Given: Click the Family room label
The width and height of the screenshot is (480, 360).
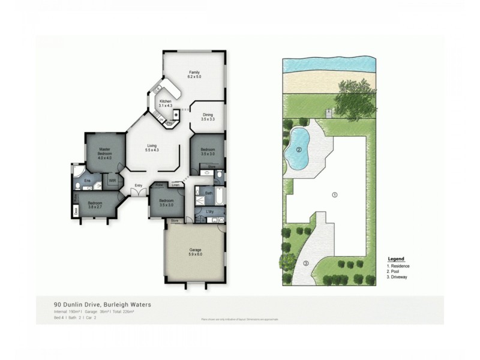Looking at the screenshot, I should click(x=194, y=74).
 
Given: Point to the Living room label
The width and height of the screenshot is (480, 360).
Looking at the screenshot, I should click(x=151, y=147).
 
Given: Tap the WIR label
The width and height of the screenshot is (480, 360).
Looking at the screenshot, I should click(x=112, y=179).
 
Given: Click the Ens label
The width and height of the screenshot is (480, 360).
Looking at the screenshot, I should click(x=87, y=180).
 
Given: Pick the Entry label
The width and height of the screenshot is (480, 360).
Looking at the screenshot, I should click(x=139, y=185).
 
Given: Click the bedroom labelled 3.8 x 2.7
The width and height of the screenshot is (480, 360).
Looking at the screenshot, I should click(x=95, y=205).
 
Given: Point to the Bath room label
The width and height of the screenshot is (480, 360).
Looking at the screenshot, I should click(x=209, y=193).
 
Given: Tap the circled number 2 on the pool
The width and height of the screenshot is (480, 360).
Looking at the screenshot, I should click(x=298, y=150).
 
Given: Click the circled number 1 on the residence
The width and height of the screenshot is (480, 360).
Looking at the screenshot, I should click(x=335, y=194).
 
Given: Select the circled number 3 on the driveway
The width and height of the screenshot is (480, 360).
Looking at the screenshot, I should click(x=305, y=263).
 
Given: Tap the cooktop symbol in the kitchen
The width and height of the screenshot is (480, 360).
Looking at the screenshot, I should click(x=176, y=114).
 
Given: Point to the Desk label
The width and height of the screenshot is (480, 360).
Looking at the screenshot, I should click(x=76, y=210).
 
